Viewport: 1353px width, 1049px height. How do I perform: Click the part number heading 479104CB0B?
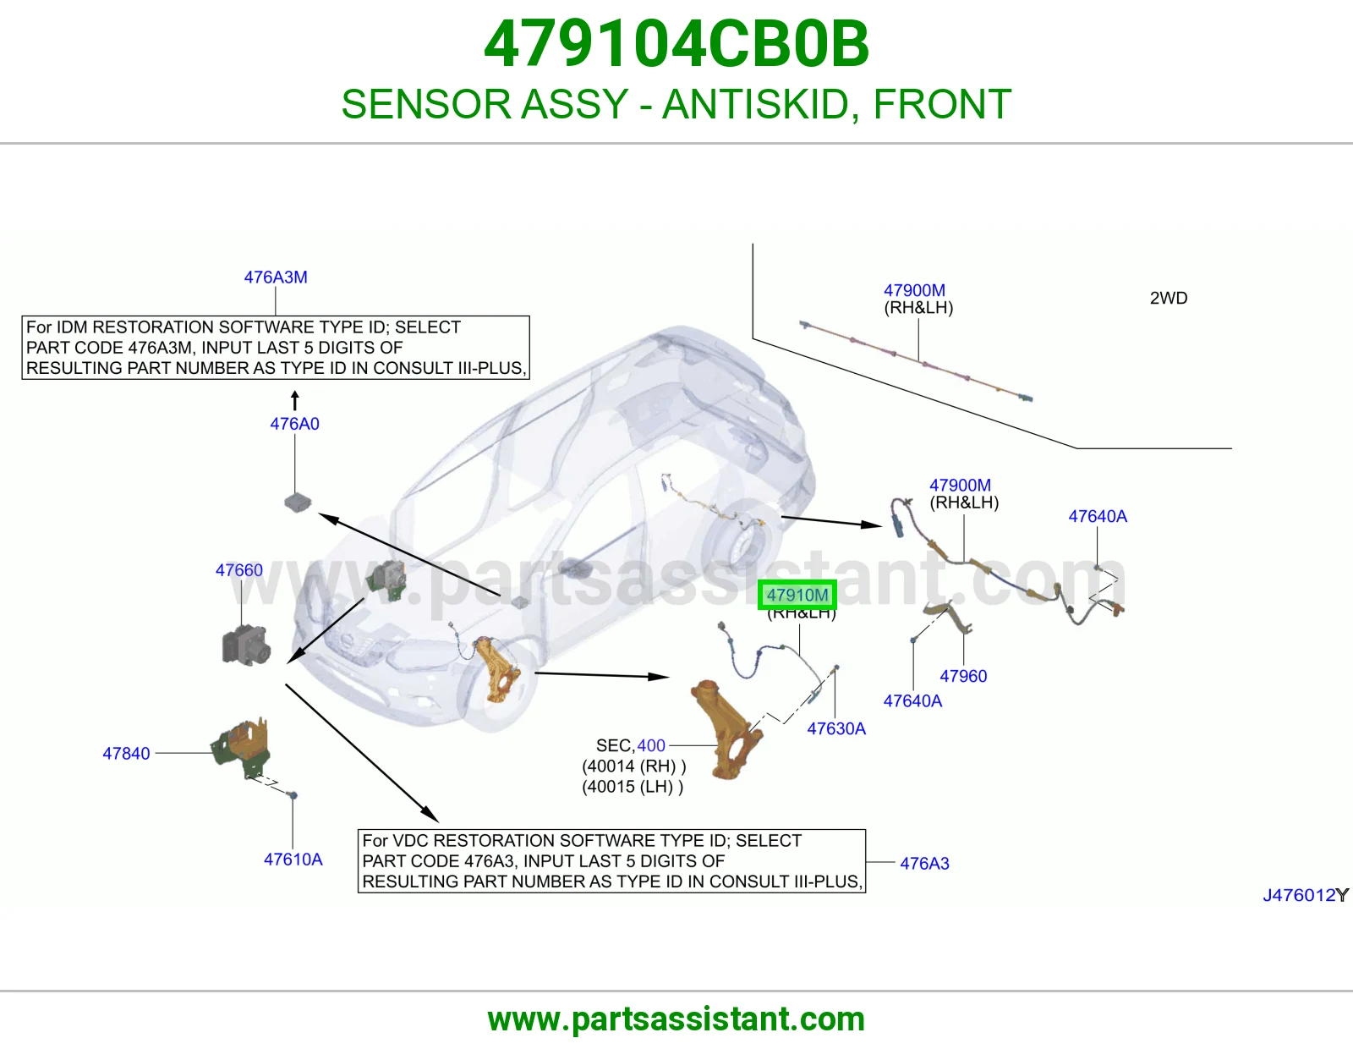(676, 44)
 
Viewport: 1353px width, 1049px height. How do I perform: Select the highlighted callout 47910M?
(797, 595)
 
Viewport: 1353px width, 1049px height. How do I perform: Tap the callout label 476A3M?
(275, 277)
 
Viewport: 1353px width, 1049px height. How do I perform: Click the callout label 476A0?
(294, 424)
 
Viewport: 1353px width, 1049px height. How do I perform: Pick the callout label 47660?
(239, 570)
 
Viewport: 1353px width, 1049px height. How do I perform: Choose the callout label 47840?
(126, 753)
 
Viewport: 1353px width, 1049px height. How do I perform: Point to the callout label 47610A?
(293, 859)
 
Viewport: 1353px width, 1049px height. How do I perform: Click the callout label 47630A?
(836, 728)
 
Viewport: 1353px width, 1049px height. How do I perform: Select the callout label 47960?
(963, 676)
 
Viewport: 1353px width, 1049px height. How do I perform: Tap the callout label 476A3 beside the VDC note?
(924, 864)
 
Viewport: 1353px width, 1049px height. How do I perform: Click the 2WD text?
(1169, 298)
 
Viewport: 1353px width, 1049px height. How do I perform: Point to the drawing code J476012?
(1300, 895)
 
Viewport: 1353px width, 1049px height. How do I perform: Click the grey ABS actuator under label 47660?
(246, 645)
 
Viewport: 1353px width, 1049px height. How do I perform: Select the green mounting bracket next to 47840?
(242, 748)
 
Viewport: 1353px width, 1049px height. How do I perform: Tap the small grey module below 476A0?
(298, 502)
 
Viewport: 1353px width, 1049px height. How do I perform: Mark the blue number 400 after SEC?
(651, 745)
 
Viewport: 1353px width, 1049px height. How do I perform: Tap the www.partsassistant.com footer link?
(676, 1019)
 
